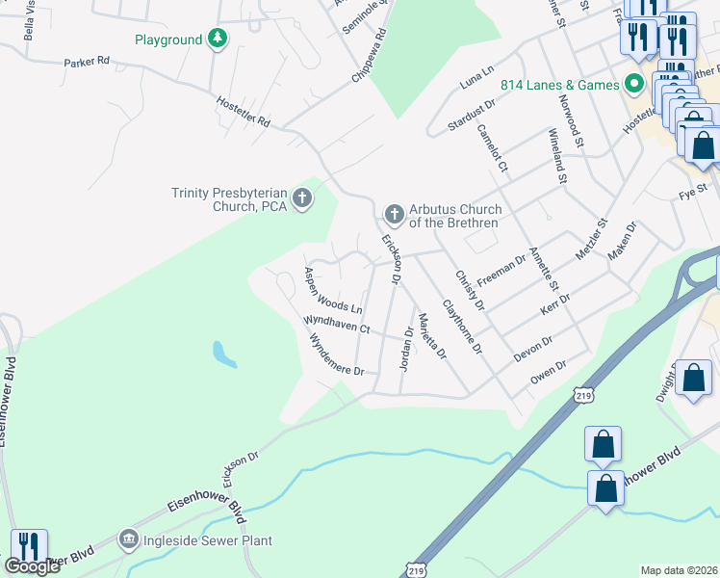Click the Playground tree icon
point(219,39)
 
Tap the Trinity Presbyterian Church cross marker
point(302,199)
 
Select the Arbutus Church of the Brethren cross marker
point(393,213)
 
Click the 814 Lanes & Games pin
point(633,85)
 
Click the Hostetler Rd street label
point(244,112)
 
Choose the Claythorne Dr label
point(461,326)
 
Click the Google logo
point(32,566)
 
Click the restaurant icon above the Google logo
point(29,546)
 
